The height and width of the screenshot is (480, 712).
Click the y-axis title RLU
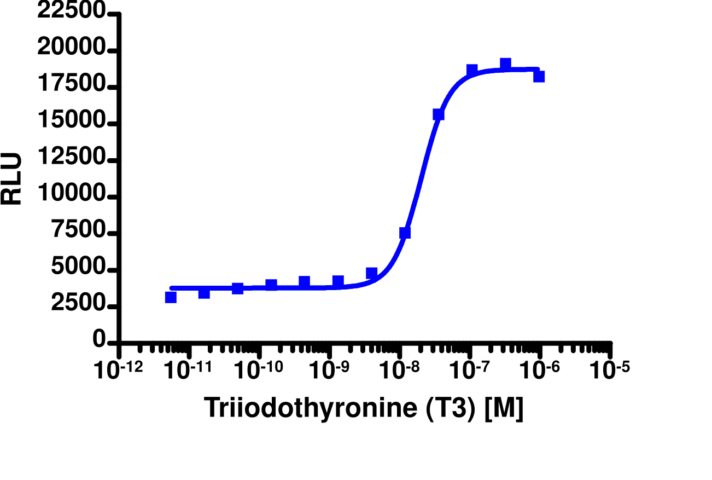(12, 179)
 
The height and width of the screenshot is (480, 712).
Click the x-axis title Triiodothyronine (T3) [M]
(364, 408)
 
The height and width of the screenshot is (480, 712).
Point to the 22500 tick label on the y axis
(71, 12)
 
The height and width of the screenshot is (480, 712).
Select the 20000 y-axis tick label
(71, 49)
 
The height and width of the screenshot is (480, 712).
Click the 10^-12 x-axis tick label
(119, 369)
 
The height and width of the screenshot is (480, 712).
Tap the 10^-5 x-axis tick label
(608, 369)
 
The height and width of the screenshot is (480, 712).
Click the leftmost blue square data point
(171, 297)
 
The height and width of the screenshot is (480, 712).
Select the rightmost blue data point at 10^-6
(539, 76)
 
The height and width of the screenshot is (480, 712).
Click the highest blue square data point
(506, 64)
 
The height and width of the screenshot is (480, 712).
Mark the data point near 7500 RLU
(405, 233)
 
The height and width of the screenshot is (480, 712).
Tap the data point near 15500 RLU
(439, 114)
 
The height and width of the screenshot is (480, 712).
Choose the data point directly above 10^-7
(472, 70)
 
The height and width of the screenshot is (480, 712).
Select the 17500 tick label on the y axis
(71, 85)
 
